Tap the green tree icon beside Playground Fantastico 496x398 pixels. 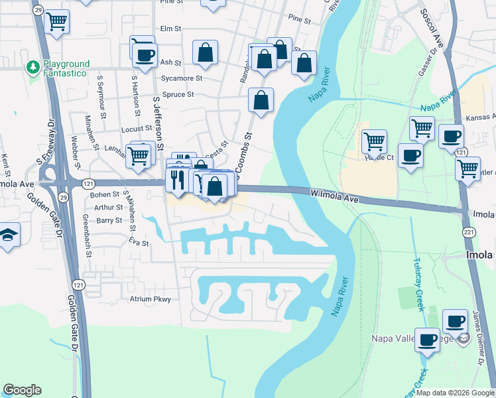pyautogui.click(x=32, y=67)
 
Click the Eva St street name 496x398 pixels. pyautogui.click(x=139, y=243)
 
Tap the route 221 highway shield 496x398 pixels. pyautogui.click(x=469, y=232)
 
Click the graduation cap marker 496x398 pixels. pyautogui.click(x=8, y=235)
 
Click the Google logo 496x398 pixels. pyautogui.click(x=22, y=390)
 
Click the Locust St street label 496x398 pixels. pyautogui.click(x=137, y=129)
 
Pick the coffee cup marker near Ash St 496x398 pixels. pyautogui.click(x=145, y=54)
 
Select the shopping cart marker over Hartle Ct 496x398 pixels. pyautogui.click(x=374, y=141)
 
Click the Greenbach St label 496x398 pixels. pyautogui.click(x=86, y=235)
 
